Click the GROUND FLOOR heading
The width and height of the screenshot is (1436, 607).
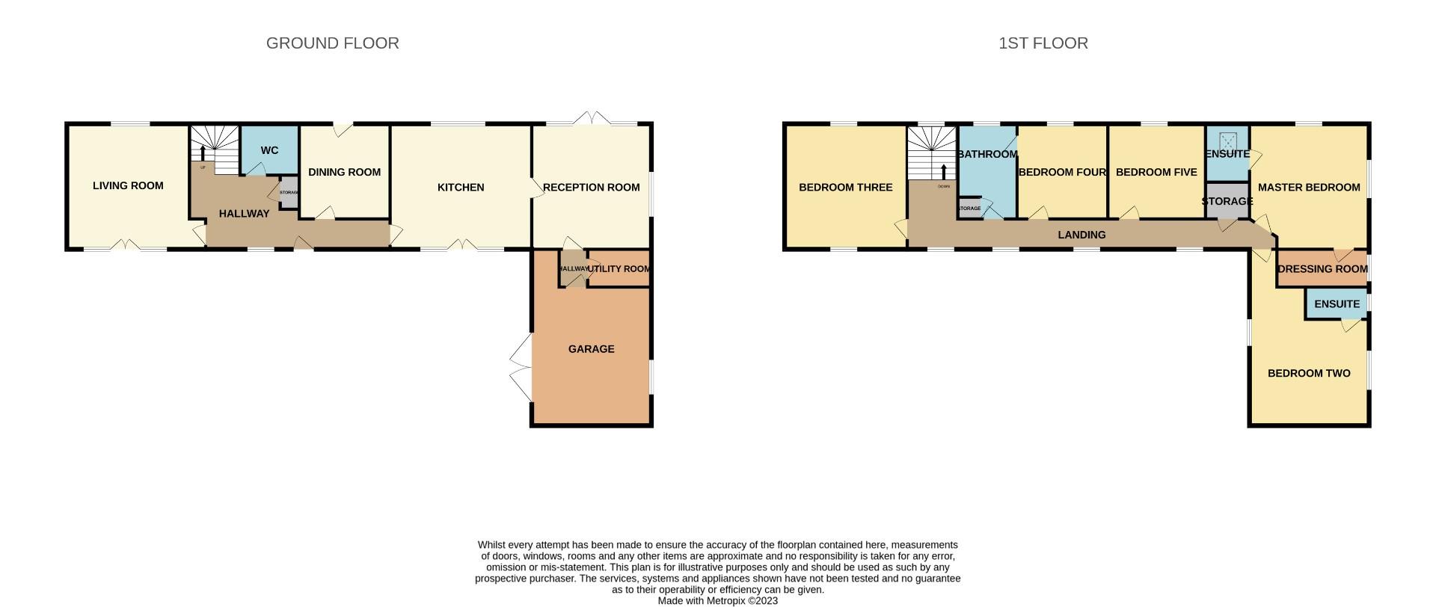point(332,43)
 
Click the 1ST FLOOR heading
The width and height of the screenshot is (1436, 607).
point(1043,43)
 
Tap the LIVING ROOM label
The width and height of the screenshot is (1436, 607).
point(128,185)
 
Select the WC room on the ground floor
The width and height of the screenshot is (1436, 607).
point(269,150)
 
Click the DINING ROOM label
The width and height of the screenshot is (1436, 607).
point(344,172)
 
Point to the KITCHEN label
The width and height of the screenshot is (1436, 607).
point(461,187)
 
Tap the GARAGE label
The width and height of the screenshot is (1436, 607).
point(591,349)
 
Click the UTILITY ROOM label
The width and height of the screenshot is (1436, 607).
point(619,269)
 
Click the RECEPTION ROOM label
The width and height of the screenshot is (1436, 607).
point(591,187)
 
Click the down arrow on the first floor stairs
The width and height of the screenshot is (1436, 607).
point(944,172)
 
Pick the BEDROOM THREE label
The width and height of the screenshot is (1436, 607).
point(845,187)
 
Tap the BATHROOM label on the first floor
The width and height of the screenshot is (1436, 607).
point(987,154)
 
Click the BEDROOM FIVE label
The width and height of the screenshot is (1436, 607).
point(1156,172)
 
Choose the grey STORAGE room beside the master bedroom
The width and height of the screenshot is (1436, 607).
point(1227,201)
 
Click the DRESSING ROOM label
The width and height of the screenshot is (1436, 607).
point(1322,269)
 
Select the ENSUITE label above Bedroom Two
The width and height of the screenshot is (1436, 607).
point(1337,304)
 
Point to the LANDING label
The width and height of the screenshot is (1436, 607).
point(1081,235)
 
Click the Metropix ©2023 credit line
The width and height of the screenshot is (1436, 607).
point(717,600)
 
